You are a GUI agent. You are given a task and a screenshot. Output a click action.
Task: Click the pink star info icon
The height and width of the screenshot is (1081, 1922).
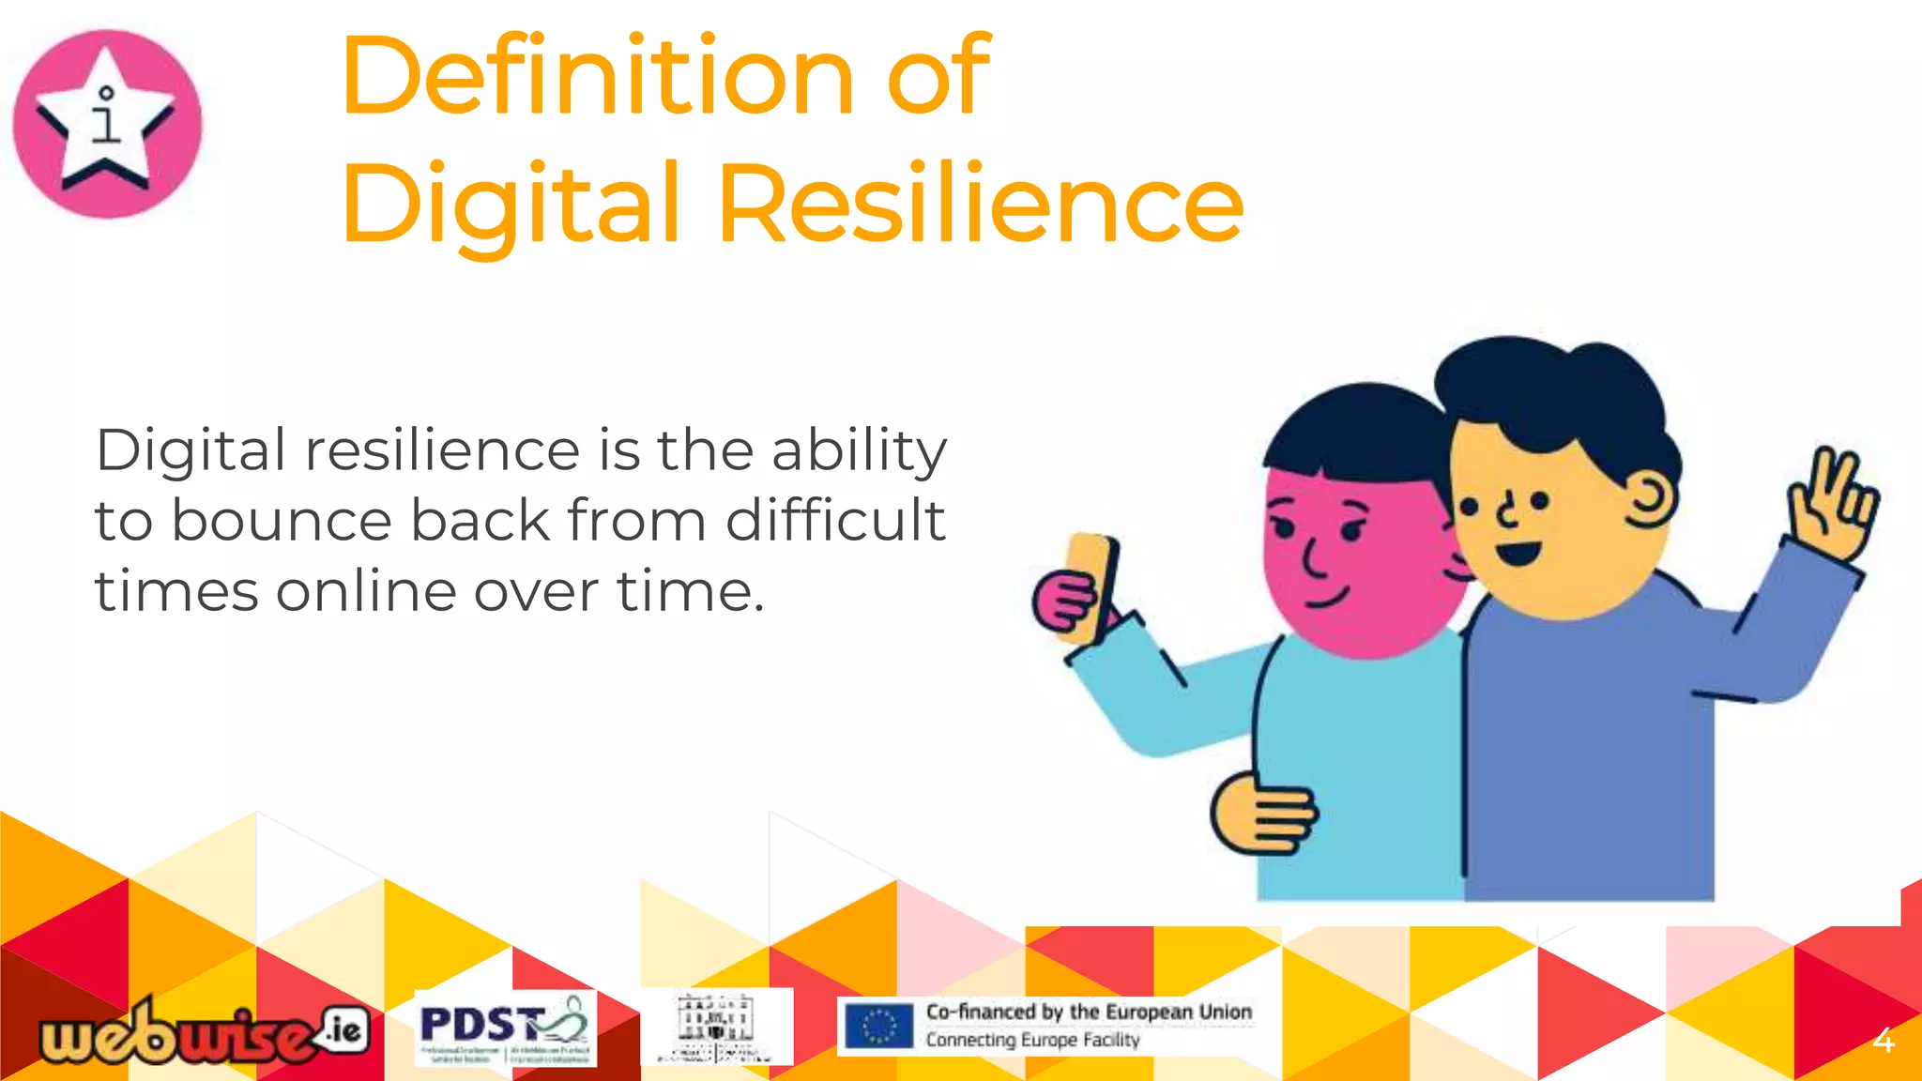[107, 124]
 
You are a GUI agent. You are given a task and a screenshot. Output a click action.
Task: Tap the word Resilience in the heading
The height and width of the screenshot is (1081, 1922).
[981, 204]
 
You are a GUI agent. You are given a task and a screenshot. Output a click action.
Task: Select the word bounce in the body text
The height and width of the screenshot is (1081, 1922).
[281, 521]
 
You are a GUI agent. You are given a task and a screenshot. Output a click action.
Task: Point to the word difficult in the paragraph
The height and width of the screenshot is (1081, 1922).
[835, 521]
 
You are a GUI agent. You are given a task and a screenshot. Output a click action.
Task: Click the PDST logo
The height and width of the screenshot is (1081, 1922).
[505, 1028]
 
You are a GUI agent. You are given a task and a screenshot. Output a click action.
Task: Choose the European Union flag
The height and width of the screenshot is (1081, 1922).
[878, 1026]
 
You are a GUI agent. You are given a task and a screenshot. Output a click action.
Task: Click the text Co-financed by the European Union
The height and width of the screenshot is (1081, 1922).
[1089, 1012]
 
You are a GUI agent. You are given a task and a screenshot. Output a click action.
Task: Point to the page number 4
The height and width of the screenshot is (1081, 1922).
[1883, 1041]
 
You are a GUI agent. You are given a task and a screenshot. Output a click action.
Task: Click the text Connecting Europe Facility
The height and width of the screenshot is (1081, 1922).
[1032, 1040]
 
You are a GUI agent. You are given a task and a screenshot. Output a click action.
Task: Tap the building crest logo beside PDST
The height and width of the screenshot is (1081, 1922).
[716, 1027]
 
